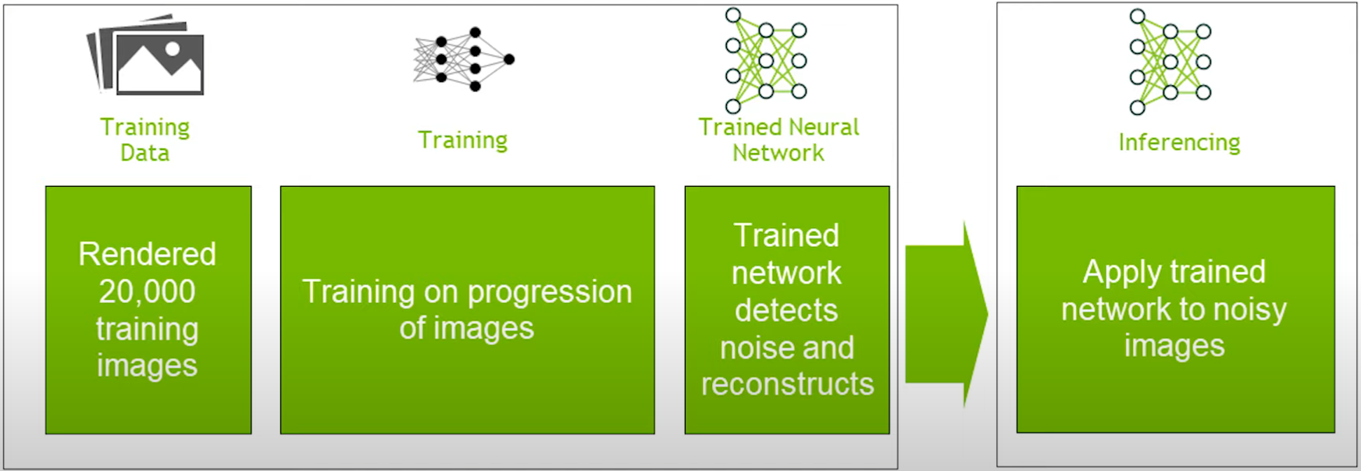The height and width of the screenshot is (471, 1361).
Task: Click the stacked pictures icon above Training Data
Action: (x=145, y=55)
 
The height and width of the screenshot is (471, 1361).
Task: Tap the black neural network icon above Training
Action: (x=464, y=59)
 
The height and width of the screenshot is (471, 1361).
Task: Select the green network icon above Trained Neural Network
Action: (x=766, y=60)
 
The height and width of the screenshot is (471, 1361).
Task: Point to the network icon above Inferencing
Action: (x=1170, y=62)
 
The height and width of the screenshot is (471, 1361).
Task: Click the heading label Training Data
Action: (x=145, y=139)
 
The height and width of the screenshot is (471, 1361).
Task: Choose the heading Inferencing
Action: (x=1179, y=142)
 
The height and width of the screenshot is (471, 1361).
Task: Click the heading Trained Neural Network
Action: (x=778, y=139)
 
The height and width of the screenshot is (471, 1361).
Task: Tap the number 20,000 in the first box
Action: (x=148, y=291)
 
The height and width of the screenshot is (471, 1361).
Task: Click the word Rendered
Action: (x=148, y=254)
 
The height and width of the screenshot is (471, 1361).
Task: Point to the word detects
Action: (x=786, y=310)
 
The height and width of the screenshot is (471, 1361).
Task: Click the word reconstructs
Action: (x=787, y=384)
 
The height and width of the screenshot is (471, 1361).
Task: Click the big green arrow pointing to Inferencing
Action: (x=946, y=314)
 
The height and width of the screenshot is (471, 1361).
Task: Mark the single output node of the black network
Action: (x=509, y=59)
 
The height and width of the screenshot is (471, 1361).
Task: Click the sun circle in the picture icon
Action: (x=173, y=49)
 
